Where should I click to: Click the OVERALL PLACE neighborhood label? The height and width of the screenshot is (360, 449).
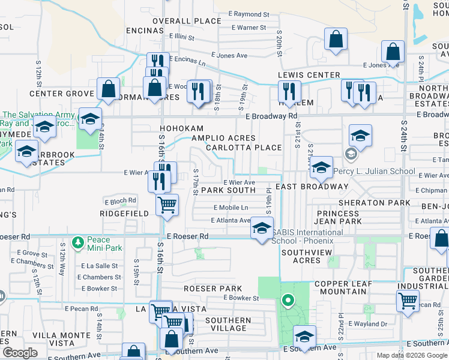(x=187, y=21)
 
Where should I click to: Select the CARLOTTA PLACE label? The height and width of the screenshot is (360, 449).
(x=243, y=148)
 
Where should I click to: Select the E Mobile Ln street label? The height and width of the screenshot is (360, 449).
(x=231, y=208)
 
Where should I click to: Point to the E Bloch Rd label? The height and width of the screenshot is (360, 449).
(x=121, y=200)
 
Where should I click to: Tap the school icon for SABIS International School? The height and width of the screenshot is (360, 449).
(x=261, y=229)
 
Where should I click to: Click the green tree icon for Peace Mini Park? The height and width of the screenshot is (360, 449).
(x=77, y=242)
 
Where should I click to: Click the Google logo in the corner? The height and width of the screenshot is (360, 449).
(x=20, y=353)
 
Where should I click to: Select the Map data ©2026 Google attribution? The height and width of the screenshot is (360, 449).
(x=411, y=355)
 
